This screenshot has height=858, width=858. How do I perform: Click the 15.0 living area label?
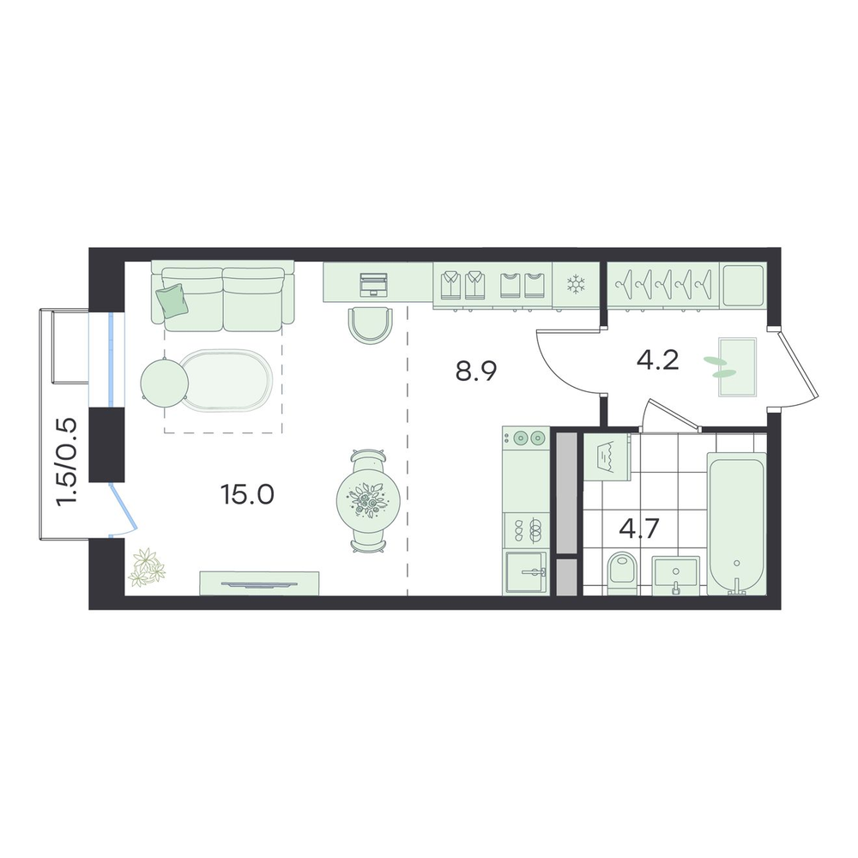pos(247,495)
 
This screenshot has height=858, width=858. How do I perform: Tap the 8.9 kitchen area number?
pos(476,372)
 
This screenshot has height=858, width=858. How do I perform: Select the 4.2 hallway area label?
pos(658,360)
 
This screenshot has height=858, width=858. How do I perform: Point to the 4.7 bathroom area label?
pos(640,529)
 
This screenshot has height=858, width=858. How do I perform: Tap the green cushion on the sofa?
pos(172,300)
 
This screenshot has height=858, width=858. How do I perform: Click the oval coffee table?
pos(227,380)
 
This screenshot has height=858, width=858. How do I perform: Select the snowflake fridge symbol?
pos(576,285)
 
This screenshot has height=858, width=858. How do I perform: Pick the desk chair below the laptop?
pos(371,325)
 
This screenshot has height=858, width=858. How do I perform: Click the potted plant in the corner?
pos(146,567)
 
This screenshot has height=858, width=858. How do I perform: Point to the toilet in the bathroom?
pos(623,572)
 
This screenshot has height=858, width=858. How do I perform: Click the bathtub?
pos(736,523)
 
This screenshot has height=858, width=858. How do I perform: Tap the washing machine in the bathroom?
pos(607,457)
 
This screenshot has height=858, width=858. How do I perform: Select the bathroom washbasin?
pos(676,576)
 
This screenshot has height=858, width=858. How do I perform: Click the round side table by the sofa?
pos(165,382)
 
